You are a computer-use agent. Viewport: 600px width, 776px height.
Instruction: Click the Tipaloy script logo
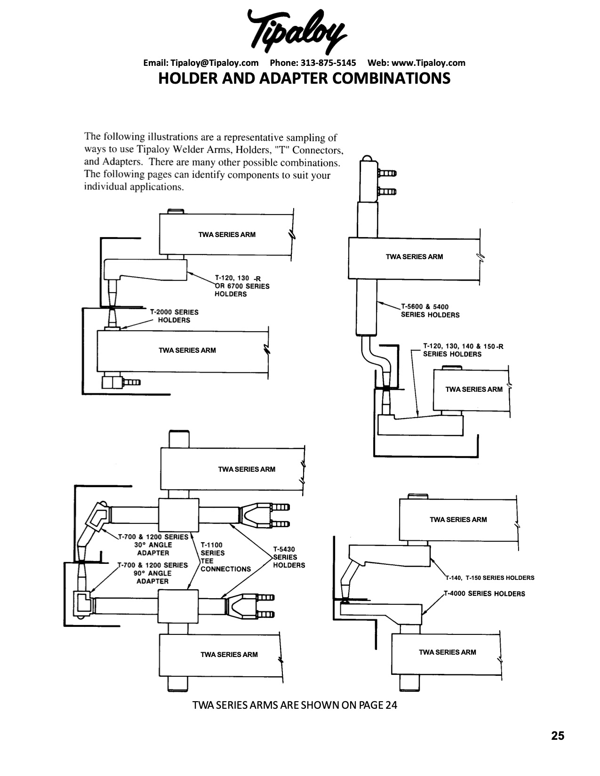(296, 31)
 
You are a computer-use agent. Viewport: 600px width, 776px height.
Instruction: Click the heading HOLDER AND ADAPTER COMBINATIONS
(304, 78)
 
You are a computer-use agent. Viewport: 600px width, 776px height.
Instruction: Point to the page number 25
(558, 736)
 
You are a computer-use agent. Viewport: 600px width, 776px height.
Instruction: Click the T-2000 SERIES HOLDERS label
(174, 316)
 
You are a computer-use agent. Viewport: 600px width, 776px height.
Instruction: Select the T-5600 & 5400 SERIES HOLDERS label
(430, 311)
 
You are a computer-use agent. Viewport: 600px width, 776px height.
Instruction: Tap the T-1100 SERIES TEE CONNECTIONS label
(225, 557)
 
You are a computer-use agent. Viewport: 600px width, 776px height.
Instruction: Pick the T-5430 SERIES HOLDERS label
(289, 557)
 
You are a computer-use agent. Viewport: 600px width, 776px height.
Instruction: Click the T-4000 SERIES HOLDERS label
(485, 594)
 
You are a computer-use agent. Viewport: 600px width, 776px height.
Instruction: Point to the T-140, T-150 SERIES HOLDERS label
(490, 578)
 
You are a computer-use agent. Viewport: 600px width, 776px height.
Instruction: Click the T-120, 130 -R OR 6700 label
(242, 286)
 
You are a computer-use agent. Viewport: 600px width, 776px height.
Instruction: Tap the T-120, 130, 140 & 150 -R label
(463, 350)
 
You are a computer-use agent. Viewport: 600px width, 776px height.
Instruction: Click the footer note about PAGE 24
(295, 705)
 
